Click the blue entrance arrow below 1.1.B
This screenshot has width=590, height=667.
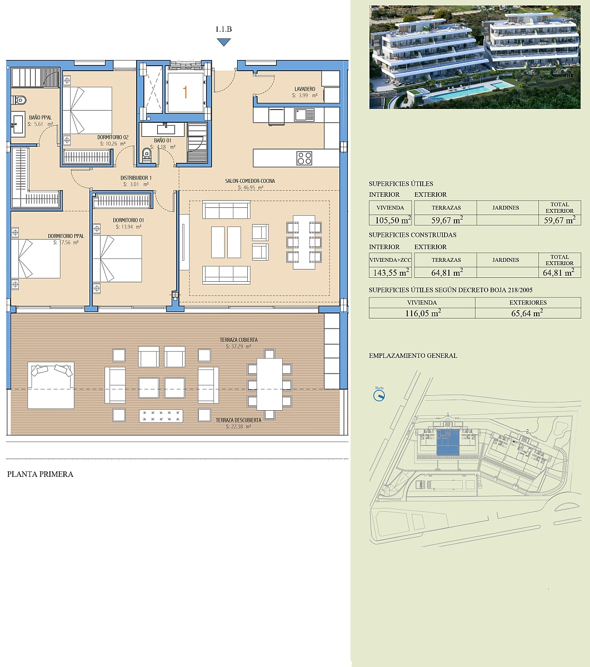coord(224,42)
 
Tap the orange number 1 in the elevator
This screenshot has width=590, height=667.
coord(185,92)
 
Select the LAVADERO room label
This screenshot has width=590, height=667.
coord(304,89)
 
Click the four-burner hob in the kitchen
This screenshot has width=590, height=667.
coord(304,158)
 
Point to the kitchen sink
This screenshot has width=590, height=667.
coord(304,115)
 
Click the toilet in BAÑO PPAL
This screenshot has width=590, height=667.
coord(19,100)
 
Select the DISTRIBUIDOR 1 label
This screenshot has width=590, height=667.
coord(136,178)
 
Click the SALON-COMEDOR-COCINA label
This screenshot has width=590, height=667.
coord(250,181)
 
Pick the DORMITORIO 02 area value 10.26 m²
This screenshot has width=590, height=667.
coord(113,143)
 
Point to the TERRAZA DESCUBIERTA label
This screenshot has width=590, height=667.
coord(238,420)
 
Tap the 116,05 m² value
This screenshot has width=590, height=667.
coord(423,313)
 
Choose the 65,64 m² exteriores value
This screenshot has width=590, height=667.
coord(527,313)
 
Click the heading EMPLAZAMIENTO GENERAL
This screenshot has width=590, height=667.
coord(413,356)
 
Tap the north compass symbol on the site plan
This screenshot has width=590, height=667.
coord(379,395)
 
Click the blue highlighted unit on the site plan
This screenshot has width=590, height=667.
coord(448,442)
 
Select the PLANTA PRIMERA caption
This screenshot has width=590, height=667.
coord(40,474)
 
